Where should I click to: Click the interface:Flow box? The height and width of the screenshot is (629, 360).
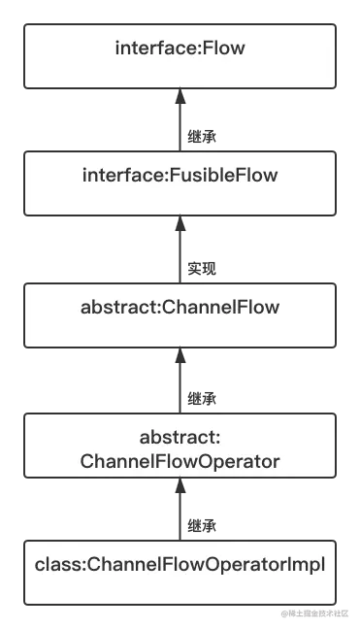coord(180,57)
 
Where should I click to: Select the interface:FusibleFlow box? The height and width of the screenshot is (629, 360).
coord(180,182)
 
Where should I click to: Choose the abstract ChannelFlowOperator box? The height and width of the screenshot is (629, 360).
coord(180,446)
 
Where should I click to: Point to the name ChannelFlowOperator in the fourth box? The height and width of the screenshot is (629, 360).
coord(180,461)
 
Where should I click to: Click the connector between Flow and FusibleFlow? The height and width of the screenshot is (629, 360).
coord(180,120)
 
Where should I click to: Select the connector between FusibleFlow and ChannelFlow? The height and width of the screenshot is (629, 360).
coord(180,248)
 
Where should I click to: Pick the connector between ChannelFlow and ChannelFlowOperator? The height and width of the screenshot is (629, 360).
coord(180,381)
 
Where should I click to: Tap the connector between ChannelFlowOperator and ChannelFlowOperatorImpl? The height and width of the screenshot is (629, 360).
coord(180,512)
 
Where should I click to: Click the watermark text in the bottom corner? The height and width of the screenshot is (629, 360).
coord(318,613)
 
